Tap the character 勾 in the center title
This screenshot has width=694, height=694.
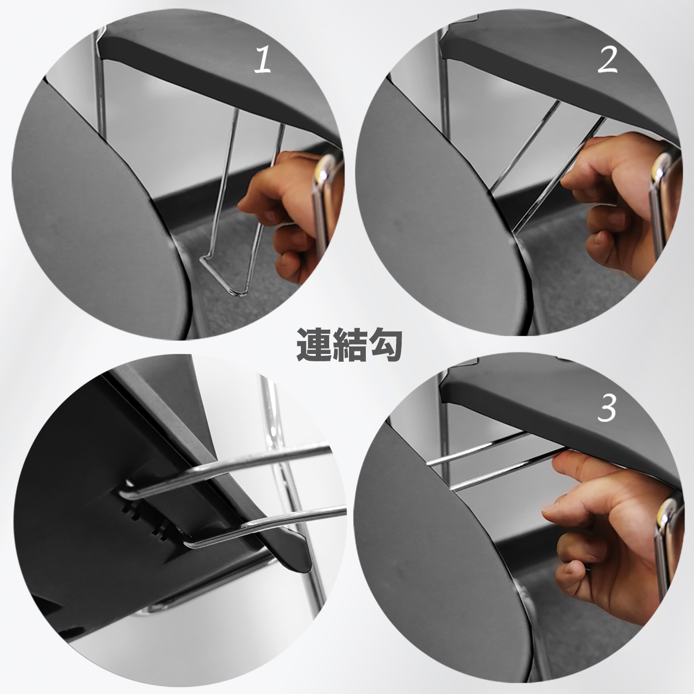pyautogui.click(x=384, y=345)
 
